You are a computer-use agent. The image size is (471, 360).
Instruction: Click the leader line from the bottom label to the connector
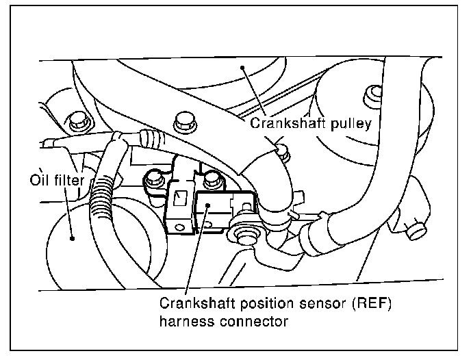191,260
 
